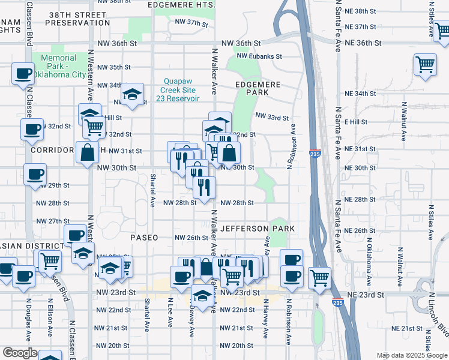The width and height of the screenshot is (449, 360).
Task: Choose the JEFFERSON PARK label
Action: click(x=258, y=229)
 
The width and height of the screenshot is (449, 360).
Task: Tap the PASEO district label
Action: click(x=144, y=238)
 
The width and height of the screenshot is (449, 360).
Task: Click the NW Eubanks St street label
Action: click(x=259, y=56)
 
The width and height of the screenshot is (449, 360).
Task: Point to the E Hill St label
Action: click(x=356, y=122)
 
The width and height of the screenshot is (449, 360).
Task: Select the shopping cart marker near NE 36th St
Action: click(x=425, y=63)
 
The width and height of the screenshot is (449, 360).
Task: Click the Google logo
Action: click(x=20, y=353)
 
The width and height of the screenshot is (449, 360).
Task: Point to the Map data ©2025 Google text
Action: click(x=412, y=355)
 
